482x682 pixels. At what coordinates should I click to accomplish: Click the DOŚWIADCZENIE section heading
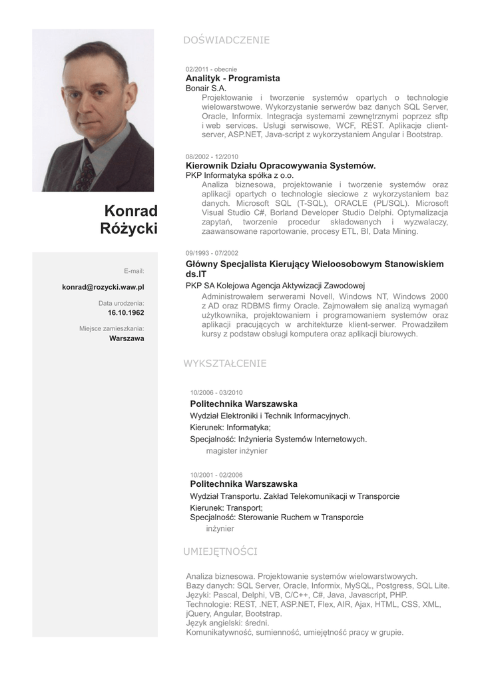point(226,41)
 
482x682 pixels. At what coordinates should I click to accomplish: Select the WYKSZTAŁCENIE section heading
point(224,364)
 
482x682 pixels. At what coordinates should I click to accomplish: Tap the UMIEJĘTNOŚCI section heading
point(220,551)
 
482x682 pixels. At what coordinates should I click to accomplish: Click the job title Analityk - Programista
point(232,79)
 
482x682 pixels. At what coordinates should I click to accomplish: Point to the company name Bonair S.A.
point(206,88)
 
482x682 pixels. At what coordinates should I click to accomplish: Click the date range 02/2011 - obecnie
point(211,69)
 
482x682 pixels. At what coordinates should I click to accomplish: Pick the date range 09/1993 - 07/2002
point(212,253)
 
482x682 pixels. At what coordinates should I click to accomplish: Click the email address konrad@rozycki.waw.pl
point(103,287)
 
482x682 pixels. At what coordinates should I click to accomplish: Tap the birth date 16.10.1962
point(126,312)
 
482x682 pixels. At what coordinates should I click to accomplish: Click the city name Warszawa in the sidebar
point(126,338)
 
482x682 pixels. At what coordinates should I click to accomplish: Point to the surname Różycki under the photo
point(128,229)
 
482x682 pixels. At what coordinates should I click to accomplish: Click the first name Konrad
point(131,211)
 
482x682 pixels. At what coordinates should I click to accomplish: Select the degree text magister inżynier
point(236,451)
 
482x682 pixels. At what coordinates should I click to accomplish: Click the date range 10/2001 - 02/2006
point(216,475)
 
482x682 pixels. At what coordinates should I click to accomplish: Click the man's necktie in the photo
point(85,174)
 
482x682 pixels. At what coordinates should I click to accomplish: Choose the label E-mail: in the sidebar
point(134,271)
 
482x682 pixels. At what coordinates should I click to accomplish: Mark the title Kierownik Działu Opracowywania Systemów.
point(280,166)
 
